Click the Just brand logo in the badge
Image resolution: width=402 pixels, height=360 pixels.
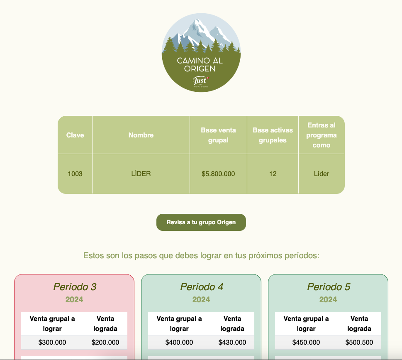[201, 81]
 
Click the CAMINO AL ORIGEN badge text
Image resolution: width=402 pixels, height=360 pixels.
[200, 65]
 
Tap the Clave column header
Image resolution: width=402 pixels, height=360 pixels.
[75, 135]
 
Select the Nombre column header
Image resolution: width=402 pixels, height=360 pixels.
[141, 135]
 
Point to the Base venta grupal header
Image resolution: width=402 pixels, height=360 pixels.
[219, 135]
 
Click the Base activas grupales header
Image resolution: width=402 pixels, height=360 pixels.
[273, 135]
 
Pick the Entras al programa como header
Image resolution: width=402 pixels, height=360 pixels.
[322, 135]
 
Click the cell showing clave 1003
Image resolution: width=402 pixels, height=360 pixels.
[75, 174]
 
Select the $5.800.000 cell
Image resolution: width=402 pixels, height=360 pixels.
[219, 174]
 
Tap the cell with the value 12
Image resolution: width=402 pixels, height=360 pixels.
[273, 174]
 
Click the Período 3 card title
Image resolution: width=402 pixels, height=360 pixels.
[75, 287]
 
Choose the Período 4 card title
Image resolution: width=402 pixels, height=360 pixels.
[202, 287]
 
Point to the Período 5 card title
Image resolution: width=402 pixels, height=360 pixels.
[329, 287]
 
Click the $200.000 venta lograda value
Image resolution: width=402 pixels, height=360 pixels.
[105, 342]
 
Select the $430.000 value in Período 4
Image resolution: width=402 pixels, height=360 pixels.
[232, 342]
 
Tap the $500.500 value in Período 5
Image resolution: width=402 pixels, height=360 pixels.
[359, 342]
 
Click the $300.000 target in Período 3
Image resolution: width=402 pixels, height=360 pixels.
[52, 342]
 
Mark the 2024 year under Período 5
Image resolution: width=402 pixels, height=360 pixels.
[328, 299]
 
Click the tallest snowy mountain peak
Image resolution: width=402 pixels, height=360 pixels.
[197, 20]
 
